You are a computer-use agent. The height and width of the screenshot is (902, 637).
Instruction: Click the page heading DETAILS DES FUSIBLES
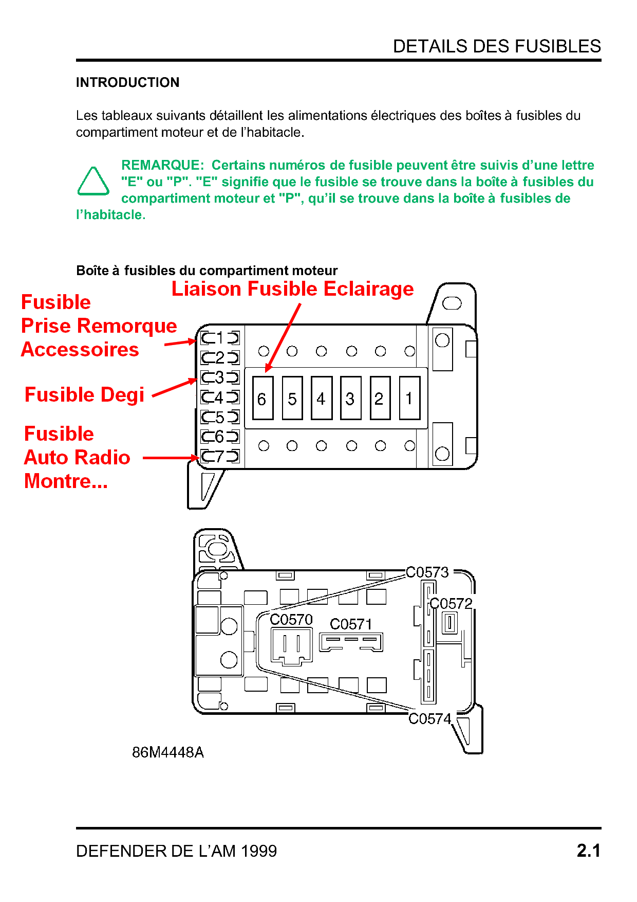(x=496, y=46)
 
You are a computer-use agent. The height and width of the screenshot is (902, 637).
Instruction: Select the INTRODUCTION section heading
(x=127, y=82)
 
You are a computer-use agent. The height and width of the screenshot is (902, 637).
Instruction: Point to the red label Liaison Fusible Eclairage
(x=292, y=289)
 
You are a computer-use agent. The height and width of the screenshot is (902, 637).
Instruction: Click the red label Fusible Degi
(x=85, y=395)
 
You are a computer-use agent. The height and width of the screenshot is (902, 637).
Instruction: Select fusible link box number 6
(x=263, y=399)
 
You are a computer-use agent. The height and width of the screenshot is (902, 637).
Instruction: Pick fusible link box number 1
(x=409, y=399)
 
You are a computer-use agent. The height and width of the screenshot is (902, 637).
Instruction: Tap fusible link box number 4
(x=322, y=399)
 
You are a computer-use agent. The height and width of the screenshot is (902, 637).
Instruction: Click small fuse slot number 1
(x=220, y=338)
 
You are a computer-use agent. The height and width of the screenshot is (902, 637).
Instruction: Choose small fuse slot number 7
(x=220, y=456)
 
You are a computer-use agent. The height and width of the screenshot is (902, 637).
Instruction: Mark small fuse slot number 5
(x=220, y=417)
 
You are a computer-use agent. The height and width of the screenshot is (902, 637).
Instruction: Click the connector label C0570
(x=291, y=620)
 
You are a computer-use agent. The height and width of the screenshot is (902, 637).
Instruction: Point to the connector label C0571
(x=351, y=624)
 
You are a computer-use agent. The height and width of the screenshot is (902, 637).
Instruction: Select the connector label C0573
(x=427, y=572)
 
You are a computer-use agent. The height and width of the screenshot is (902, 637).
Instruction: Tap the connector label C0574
(x=429, y=718)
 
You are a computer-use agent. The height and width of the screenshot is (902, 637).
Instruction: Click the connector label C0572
(x=451, y=603)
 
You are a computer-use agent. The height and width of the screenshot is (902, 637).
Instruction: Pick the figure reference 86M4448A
(x=168, y=752)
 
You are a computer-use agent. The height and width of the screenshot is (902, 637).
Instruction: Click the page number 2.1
(x=588, y=851)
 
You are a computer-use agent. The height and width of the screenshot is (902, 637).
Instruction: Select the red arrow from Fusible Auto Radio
(x=170, y=457)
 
